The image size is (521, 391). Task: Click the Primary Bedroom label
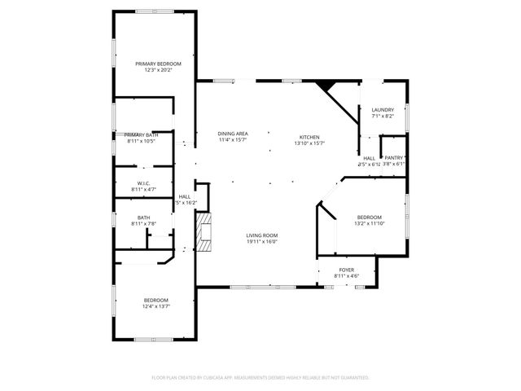click(158, 64)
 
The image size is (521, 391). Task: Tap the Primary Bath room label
click(141, 134)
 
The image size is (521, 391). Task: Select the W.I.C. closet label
click(143, 182)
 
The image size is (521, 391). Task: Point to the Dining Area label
click(233, 134)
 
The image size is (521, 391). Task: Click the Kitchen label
click(309, 137)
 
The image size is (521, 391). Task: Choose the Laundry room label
click(383, 110)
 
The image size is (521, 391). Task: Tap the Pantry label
click(394, 158)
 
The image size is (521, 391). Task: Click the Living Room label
click(262, 235)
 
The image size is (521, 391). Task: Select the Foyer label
click(347, 270)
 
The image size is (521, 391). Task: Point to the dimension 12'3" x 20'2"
click(158, 70)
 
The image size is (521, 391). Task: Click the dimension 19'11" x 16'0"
click(262, 241)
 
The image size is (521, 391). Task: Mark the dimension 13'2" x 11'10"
click(369, 223)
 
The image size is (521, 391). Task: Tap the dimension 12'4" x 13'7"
click(155, 306)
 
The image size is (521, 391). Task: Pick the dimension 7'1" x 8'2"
click(383, 116)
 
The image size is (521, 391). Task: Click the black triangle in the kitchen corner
click(326, 86)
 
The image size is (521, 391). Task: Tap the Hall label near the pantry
click(369, 158)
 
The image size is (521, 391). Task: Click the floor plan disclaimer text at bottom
click(260, 378)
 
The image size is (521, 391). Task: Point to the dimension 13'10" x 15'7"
click(309, 143)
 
